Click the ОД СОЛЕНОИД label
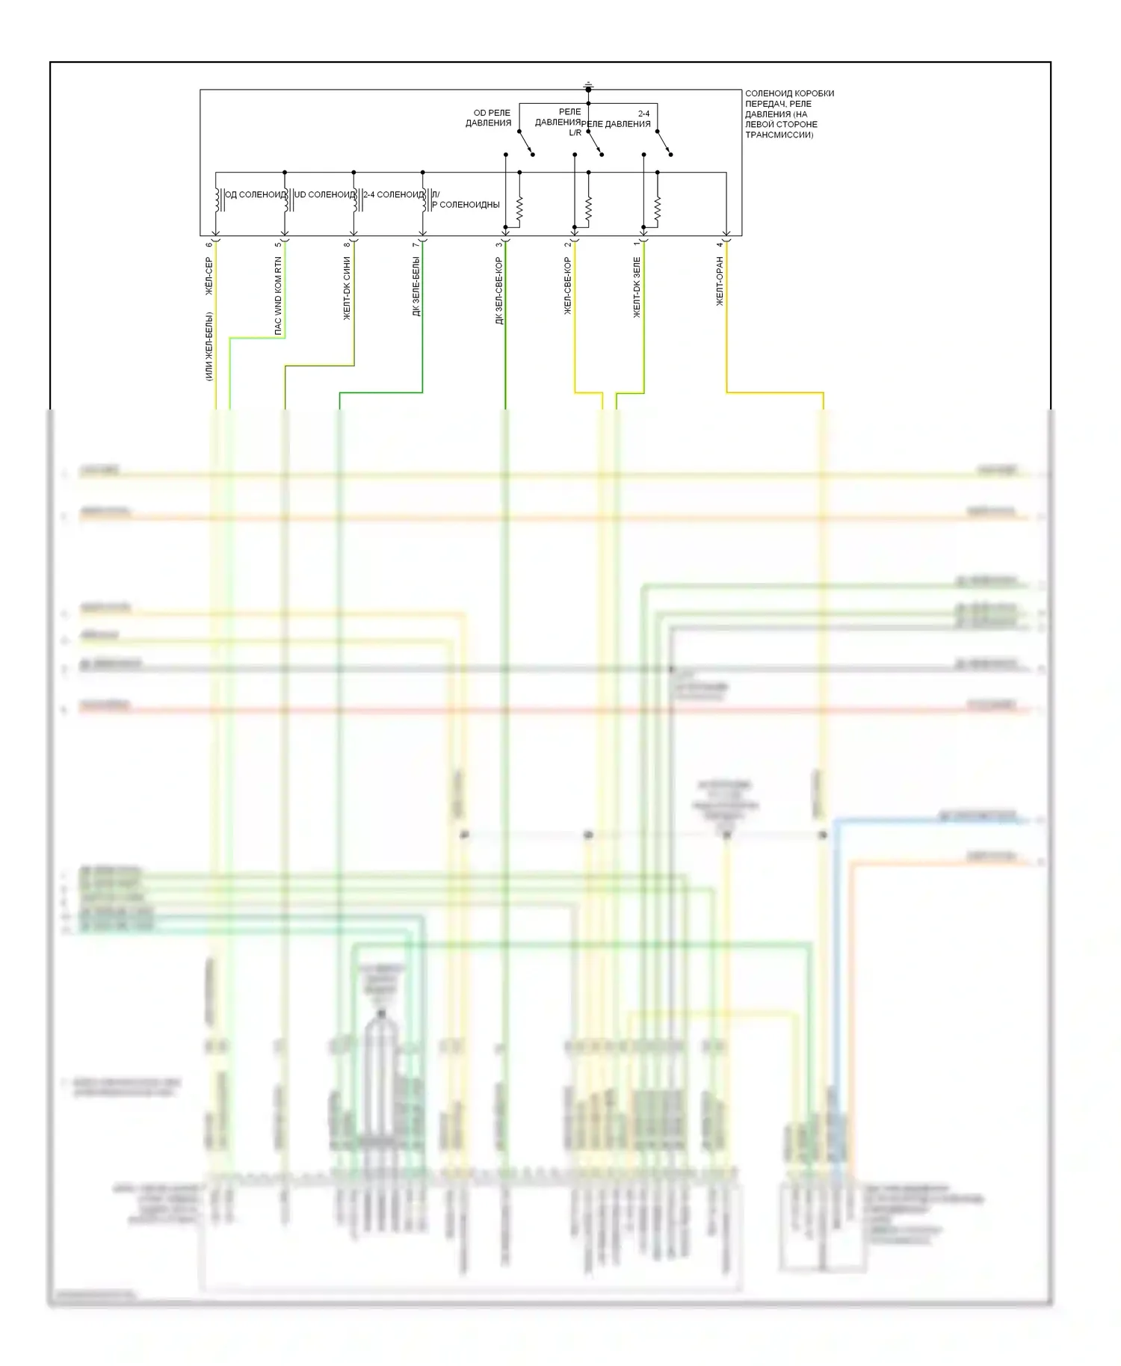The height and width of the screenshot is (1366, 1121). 255,194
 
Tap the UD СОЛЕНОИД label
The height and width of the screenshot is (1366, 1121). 324,194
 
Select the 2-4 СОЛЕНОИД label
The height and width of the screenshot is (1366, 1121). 393,194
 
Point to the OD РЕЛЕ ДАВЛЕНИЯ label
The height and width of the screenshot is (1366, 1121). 489,118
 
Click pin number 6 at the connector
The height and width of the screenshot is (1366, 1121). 209,244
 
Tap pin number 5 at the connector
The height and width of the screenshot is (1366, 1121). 278,244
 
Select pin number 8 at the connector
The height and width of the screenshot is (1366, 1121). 348,244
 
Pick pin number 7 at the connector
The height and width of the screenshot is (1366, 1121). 416,244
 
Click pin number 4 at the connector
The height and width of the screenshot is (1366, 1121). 720,244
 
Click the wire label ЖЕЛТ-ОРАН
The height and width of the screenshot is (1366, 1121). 720,281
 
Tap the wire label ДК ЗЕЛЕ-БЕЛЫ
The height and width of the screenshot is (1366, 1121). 416,286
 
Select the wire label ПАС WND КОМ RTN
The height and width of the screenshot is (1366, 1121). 278,295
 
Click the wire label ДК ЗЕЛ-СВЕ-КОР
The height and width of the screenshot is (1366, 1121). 499,291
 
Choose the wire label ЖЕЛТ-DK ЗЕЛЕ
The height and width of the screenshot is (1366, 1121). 637,288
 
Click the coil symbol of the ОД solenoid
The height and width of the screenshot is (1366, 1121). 217,200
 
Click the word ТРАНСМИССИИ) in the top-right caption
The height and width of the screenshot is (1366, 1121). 779,135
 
